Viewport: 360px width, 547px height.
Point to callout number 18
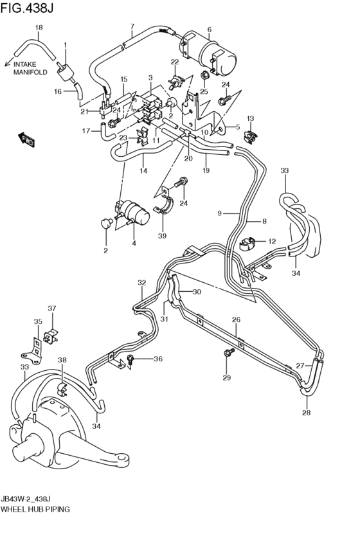39,28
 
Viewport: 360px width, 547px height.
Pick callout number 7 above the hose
132,27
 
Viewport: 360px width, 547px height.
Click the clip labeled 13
250,135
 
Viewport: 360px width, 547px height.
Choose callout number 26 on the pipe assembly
236,319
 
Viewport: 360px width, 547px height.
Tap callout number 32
141,283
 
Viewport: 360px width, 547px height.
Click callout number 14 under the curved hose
143,172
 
